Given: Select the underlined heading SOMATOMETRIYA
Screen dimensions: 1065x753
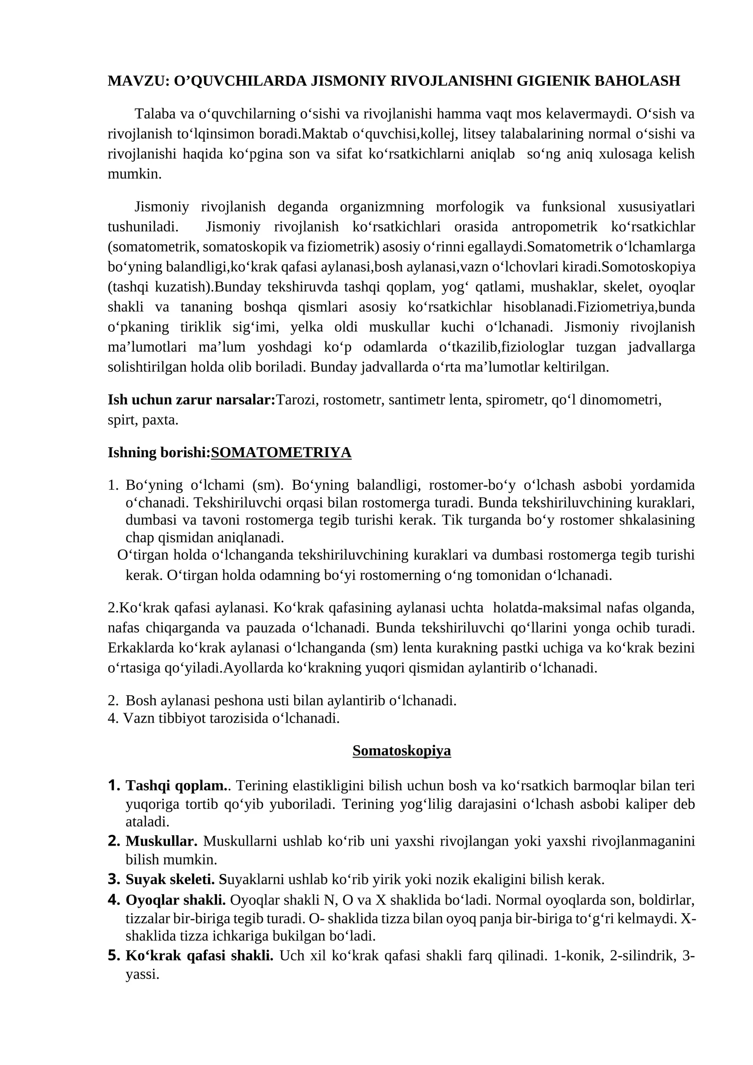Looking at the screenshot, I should pos(281,452).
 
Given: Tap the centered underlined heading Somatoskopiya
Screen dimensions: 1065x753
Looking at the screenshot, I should pos(401,750).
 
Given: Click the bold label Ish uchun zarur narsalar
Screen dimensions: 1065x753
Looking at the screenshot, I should pos(191,400).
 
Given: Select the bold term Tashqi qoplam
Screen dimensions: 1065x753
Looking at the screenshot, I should pos(176,785).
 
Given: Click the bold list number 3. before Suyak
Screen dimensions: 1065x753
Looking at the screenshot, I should pos(114,879).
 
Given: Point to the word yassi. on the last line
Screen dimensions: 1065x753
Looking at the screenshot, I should pos(142,974).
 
